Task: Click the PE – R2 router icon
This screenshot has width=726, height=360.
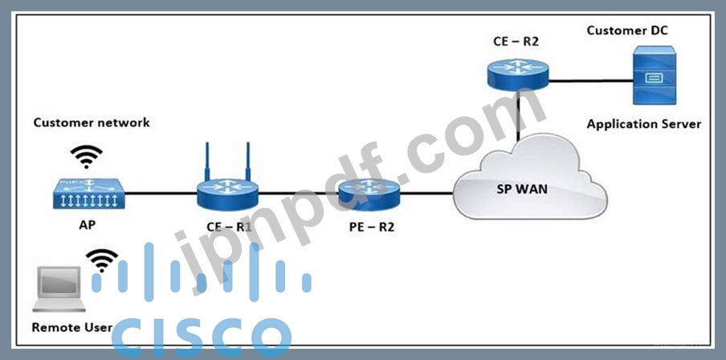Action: (369, 193)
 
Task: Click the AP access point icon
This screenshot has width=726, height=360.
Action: (88, 194)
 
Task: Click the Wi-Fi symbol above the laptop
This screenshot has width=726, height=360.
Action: (102, 259)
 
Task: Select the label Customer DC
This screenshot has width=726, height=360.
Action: (626, 31)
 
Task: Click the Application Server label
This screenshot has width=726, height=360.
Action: (643, 124)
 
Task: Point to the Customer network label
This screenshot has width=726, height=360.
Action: (92, 123)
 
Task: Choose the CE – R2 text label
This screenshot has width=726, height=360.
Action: (516, 39)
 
